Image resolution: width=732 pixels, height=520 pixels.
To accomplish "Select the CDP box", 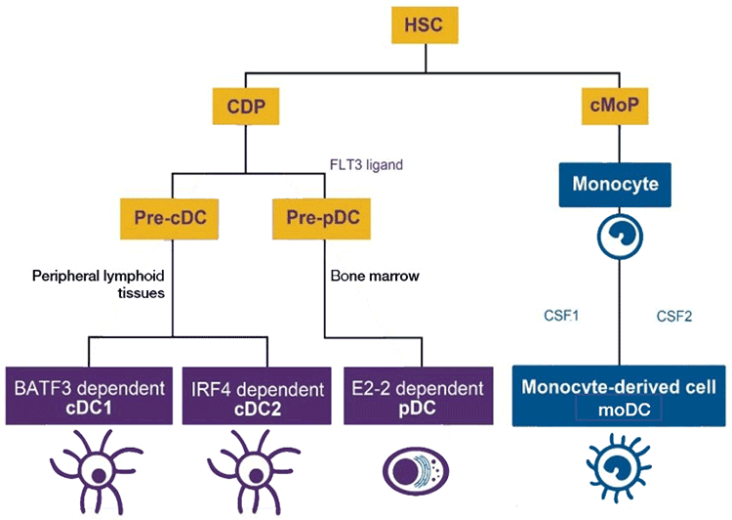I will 244,106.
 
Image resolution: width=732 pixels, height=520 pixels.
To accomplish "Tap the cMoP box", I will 615,106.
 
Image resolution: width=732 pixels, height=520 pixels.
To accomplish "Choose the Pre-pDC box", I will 323,213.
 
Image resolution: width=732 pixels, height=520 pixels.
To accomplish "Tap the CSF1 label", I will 562,316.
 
